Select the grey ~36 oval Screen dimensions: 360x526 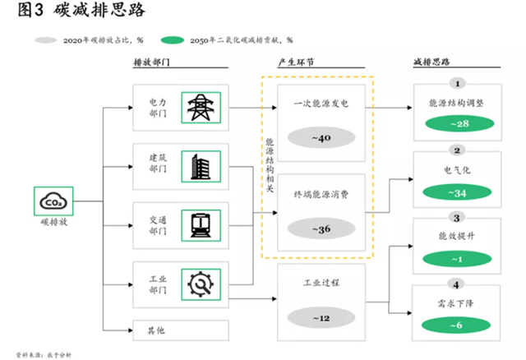[x=322, y=229]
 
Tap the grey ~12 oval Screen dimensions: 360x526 [x=322, y=317]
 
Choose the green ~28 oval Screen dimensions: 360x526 [x=457, y=123]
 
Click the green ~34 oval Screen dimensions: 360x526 [x=457, y=193]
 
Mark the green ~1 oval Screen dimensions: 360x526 [x=457, y=261]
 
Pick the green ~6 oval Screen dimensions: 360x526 [x=457, y=326]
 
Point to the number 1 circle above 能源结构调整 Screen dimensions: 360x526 [x=457, y=83]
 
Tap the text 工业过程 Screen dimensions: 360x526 [x=322, y=282]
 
